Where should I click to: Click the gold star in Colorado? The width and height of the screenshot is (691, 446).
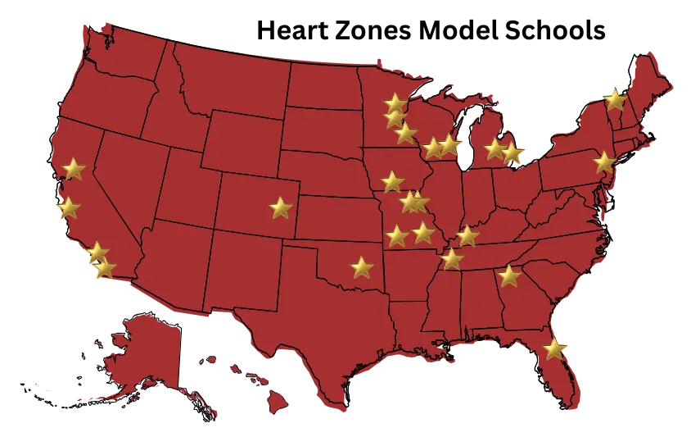click(x=281, y=207)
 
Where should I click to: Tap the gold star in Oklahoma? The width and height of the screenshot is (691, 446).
click(x=361, y=267)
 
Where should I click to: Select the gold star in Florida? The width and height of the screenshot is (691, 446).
click(x=554, y=349)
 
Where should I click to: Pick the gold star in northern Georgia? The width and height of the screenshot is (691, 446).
click(x=509, y=275)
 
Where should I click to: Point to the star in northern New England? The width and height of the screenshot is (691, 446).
click(x=614, y=99)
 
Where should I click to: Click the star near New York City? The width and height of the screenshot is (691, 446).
click(x=604, y=162)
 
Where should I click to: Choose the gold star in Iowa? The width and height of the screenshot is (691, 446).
click(x=392, y=181)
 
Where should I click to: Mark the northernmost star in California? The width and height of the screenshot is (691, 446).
click(x=73, y=169)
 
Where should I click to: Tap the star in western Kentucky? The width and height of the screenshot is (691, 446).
click(x=467, y=236)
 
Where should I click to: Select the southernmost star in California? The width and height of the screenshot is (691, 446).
click(x=104, y=268)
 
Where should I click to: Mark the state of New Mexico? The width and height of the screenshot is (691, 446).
click(x=246, y=271)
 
